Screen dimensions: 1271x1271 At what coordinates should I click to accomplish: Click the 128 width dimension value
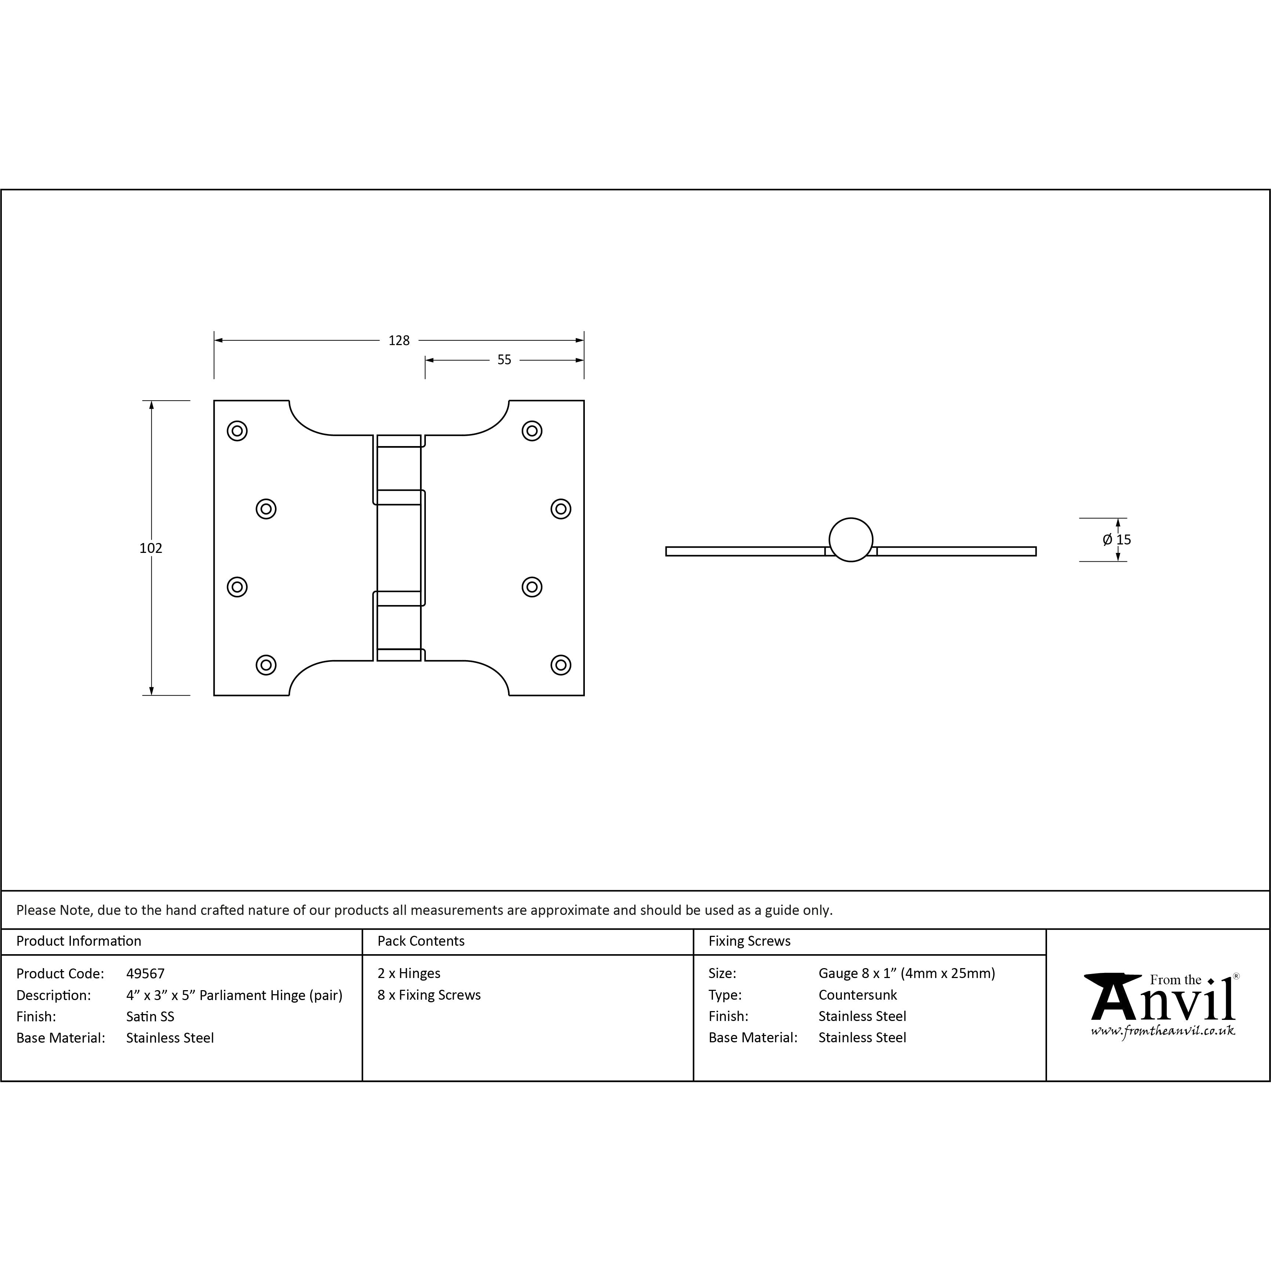click(399, 340)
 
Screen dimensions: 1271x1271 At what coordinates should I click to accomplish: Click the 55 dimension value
click(504, 360)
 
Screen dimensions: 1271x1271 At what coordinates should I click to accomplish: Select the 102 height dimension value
click(151, 548)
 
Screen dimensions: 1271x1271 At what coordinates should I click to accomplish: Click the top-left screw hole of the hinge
click(237, 431)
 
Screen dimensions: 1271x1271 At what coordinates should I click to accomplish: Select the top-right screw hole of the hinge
click(532, 431)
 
